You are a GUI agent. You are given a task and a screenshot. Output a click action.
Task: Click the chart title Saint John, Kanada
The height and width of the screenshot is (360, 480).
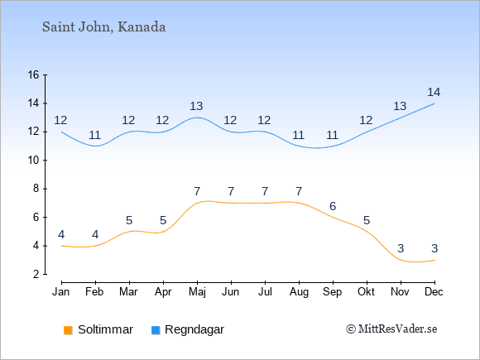pyautogui.click(x=103, y=27)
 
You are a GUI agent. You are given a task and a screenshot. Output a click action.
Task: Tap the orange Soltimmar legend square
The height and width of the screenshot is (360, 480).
pyautogui.click(x=68, y=330)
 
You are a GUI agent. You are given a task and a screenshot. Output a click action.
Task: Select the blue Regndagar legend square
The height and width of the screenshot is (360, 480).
pyautogui.click(x=156, y=330)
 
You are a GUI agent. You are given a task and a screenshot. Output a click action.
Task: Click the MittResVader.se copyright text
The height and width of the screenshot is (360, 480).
pyautogui.click(x=391, y=329)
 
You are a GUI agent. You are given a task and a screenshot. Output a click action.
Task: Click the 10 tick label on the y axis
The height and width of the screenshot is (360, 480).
pyautogui.click(x=33, y=160)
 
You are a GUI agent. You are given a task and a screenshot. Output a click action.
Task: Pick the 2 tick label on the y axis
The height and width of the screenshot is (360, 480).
pyautogui.click(x=36, y=274)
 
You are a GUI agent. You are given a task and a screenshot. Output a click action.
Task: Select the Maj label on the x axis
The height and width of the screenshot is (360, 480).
pyautogui.click(x=197, y=292)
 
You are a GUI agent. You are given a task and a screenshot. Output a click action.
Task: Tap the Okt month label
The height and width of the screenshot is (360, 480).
pyautogui.click(x=366, y=292)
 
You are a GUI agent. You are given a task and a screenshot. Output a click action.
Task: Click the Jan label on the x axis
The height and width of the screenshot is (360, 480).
pyautogui.click(x=61, y=292)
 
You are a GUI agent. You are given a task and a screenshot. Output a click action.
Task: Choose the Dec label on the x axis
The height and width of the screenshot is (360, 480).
pyautogui.click(x=434, y=292)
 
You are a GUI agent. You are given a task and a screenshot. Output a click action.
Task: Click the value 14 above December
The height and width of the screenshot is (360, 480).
pyautogui.click(x=434, y=92)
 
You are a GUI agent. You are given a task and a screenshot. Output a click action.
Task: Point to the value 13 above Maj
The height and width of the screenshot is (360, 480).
pyautogui.click(x=196, y=106)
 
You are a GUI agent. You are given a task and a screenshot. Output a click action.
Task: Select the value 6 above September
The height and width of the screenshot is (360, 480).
pyautogui.click(x=333, y=206)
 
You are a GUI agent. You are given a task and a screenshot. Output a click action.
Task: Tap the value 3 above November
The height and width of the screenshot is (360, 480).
pyautogui.click(x=401, y=248)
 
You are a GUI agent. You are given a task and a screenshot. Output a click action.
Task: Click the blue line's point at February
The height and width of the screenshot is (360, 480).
pyautogui.click(x=95, y=146)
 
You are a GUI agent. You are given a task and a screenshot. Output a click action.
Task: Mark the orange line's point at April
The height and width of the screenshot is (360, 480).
pyautogui.click(x=164, y=232)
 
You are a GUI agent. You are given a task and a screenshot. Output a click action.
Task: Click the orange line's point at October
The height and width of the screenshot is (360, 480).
pyautogui.click(x=367, y=232)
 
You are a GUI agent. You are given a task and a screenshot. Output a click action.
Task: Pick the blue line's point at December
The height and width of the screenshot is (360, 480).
pyautogui.click(x=434, y=103)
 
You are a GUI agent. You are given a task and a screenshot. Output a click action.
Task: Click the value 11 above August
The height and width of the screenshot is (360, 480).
pyautogui.click(x=298, y=135)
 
